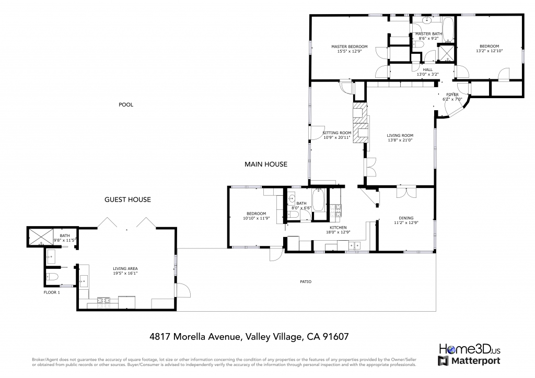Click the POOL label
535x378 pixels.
126,104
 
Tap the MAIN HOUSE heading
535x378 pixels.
266,164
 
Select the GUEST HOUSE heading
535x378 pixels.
127,200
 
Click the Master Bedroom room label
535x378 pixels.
350,46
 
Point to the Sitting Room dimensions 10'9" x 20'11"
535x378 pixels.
337,138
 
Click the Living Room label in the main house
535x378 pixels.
400,135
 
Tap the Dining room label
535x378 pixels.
406,218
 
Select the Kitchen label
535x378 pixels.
338,228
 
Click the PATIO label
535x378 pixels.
306,282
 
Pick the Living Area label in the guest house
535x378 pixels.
125,268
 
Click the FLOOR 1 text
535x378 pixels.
52,292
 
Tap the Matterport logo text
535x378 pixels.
476,361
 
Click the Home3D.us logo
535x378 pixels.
470,349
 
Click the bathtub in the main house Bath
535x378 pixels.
319,200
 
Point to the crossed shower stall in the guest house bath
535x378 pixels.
41,237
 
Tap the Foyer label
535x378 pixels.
452,95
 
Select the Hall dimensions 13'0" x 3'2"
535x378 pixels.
427,74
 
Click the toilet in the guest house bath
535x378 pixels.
52,276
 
